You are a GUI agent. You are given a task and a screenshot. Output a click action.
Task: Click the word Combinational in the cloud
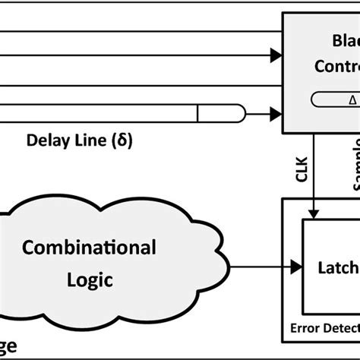89,248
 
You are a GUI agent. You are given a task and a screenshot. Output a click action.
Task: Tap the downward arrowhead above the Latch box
316,213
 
